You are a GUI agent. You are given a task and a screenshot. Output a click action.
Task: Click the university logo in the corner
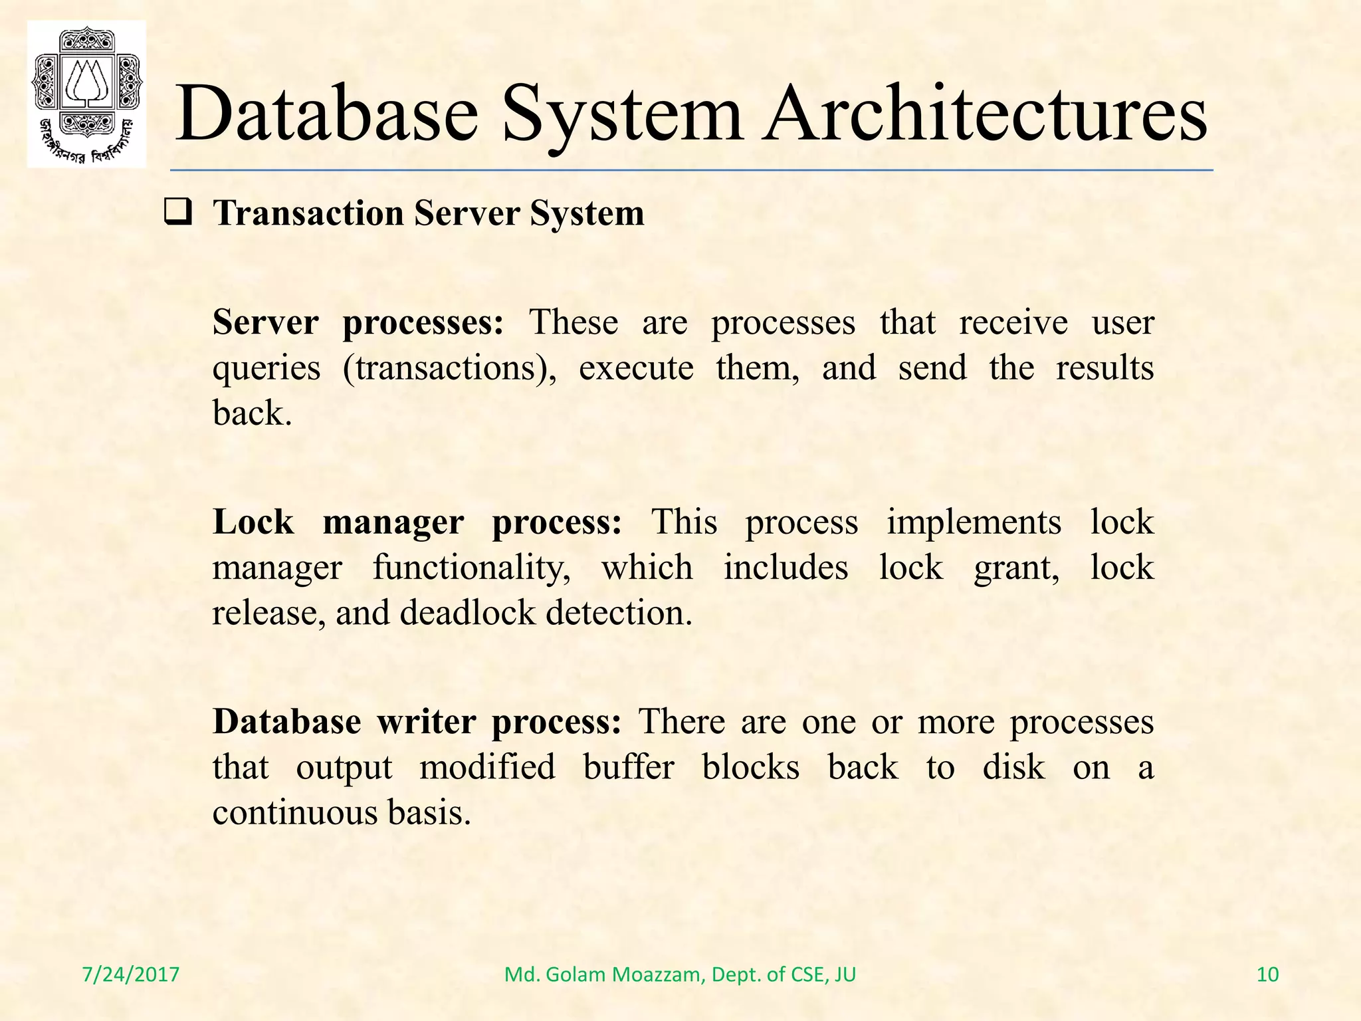tap(86, 94)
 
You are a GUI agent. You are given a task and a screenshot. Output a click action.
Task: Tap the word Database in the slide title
tap(326, 114)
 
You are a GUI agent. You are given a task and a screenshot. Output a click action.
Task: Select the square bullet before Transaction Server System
tap(178, 213)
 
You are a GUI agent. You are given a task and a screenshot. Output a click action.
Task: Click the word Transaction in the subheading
tap(308, 214)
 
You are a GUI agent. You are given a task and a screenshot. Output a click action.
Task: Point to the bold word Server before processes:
tap(265, 323)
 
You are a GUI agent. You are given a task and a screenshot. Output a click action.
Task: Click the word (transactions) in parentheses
tap(449, 369)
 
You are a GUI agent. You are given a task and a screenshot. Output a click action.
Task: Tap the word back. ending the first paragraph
tap(252, 413)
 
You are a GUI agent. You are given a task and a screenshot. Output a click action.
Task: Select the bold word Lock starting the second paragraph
tap(253, 522)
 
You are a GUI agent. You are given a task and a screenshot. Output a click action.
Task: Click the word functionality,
tap(471, 569)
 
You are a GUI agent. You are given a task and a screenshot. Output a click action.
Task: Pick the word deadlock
tap(468, 613)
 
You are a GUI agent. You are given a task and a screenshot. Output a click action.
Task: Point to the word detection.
tap(619, 613)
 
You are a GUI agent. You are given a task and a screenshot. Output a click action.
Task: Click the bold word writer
tap(426, 722)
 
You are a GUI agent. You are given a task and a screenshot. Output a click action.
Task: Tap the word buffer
tap(628, 768)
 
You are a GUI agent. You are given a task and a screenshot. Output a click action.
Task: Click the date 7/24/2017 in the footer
tap(130, 974)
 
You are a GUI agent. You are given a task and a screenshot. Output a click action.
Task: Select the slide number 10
tap(1267, 974)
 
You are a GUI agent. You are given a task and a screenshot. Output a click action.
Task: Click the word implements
tap(974, 522)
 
